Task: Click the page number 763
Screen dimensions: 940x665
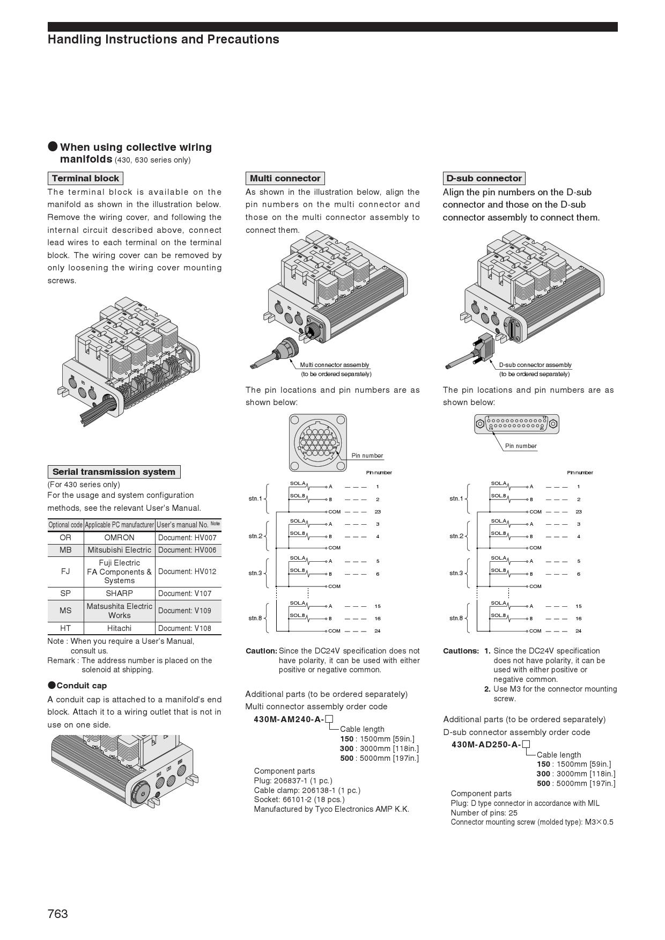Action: (x=58, y=914)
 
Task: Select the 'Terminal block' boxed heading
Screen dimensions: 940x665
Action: (x=85, y=178)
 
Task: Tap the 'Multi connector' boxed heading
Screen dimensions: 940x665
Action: (x=285, y=178)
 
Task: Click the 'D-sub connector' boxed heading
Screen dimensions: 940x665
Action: (x=484, y=178)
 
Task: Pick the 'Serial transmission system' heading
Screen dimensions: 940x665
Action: (x=114, y=472)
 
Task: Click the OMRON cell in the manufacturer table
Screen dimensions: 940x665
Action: (x=119, y=537)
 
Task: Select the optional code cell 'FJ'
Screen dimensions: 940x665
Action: (x=65, y=571)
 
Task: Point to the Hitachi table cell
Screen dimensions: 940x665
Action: (x=119, y=628)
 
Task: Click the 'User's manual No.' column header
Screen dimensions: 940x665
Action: (x=188, y=524)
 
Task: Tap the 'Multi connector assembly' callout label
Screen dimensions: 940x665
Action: (x=335, y=365)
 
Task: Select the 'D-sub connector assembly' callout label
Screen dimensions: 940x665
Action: (x=535, y=365)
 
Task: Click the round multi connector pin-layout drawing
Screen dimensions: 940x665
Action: (x=317, y=442)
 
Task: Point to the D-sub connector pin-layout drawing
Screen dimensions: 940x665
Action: (x=516, y=424)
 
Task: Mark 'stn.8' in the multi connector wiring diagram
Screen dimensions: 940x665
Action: (x=255, y=618)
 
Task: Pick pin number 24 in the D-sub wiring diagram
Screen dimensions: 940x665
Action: (x=579, y=631)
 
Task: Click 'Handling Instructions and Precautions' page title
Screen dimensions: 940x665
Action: (x=163, y=39)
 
